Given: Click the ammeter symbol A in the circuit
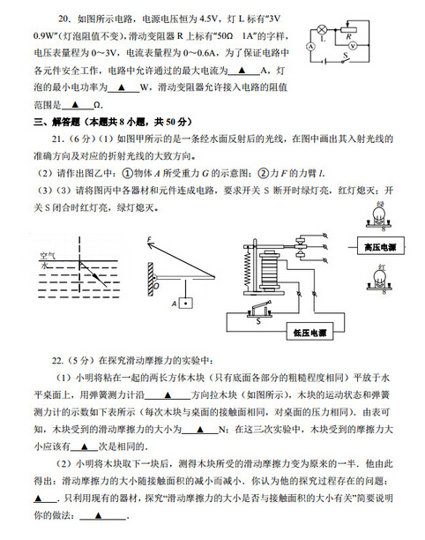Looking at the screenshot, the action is (311, 44).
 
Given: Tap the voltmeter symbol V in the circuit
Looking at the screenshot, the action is (352, 42).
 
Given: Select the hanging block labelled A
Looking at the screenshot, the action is (185, 304).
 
